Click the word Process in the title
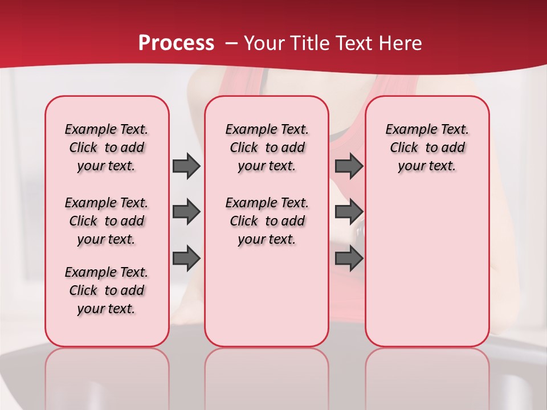tap(176, 43)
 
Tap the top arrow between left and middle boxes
tap(186, 166)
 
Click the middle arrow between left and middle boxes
tap(186, 212)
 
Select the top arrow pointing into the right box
tap(349, 166)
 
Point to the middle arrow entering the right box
tap(349, 212)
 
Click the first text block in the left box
tap(107, 147)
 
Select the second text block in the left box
tap(107, 221)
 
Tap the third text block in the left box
tap(107, 290)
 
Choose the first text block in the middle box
tap(267, 147)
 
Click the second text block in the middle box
tap(267, 221)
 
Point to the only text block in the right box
tap(427, 147)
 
